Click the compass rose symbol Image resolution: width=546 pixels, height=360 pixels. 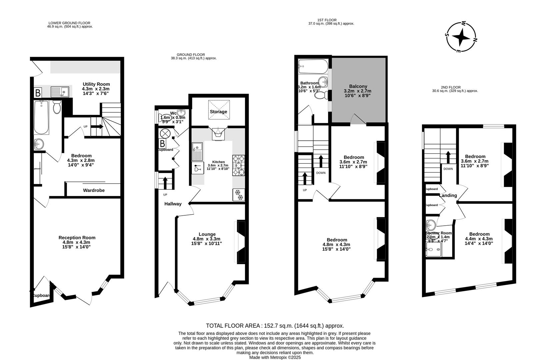461,37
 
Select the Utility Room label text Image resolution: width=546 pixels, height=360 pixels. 96,84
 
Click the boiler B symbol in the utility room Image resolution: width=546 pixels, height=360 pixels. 38,92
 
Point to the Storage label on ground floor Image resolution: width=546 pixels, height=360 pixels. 218,112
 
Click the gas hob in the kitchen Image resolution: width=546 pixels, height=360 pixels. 239,165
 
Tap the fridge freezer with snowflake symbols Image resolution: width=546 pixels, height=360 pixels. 239,195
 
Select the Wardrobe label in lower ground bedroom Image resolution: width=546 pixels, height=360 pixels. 94,190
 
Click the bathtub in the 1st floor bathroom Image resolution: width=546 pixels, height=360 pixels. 313,66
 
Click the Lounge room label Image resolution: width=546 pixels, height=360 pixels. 207,234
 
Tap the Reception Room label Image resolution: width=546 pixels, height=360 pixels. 77,238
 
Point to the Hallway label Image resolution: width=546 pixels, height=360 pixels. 173,204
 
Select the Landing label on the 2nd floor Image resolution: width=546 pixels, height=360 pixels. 448,196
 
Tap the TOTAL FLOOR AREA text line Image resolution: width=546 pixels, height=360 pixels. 275,326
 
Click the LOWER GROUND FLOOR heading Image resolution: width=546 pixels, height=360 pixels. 69,23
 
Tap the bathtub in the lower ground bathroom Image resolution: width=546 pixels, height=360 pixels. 41,117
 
